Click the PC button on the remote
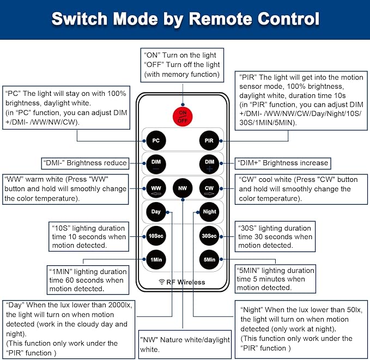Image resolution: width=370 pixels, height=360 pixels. coord(156,141)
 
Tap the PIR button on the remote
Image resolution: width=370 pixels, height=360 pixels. coord(209,141)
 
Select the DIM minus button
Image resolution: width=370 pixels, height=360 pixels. coord(156,163)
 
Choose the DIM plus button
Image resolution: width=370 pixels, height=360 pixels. coord(209,163)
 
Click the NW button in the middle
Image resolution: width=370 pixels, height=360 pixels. coord(182,188)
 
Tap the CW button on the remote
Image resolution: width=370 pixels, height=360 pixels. coord(209,188)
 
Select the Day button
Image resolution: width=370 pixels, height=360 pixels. coord(156,211)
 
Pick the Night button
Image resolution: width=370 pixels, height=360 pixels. coord(209,211)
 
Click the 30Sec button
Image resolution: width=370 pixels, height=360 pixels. coord(209,236)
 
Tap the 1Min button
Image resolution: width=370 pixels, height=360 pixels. coord(156,259)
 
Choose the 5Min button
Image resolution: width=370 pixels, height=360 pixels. coord(209,259)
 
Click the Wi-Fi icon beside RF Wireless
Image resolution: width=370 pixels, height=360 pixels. coord(162,282)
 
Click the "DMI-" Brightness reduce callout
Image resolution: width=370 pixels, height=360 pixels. coord(85,163)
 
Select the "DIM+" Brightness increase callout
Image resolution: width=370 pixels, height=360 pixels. coord(283,163)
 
